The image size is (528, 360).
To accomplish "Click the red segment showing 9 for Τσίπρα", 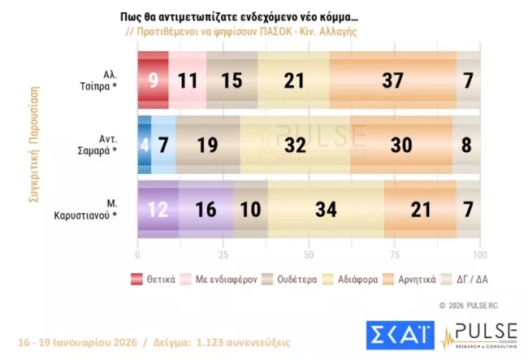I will coord(153,80).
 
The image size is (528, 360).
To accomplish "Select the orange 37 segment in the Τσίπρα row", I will coord(393,80).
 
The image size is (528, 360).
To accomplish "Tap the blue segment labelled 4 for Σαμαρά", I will coord(145,145).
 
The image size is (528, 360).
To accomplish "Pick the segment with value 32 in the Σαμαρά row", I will coord(295,145).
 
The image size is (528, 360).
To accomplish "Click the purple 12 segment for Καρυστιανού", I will coord(158,209).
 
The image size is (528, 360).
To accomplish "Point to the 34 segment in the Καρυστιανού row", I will coord(325,209).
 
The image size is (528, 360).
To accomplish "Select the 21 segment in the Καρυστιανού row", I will coord(420,209).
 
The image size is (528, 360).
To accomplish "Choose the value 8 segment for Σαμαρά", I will coord(466,145).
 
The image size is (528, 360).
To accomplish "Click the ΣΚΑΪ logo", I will coord(387,337).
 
